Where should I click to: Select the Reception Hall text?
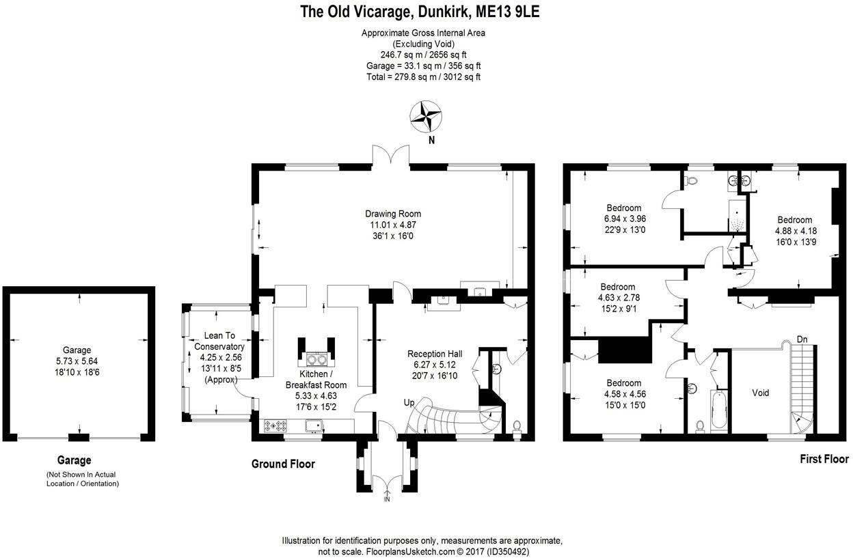435,354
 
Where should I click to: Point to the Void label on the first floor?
760,393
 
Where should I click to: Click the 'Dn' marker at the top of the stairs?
802,338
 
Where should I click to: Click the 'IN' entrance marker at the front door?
388,500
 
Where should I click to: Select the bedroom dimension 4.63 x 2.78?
617,298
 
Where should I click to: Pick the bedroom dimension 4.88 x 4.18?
796,231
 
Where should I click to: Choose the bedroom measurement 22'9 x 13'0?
625,229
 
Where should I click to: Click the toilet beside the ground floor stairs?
517,426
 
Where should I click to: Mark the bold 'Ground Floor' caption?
283,464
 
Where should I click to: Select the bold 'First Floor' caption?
824,459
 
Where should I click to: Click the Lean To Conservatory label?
220,341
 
